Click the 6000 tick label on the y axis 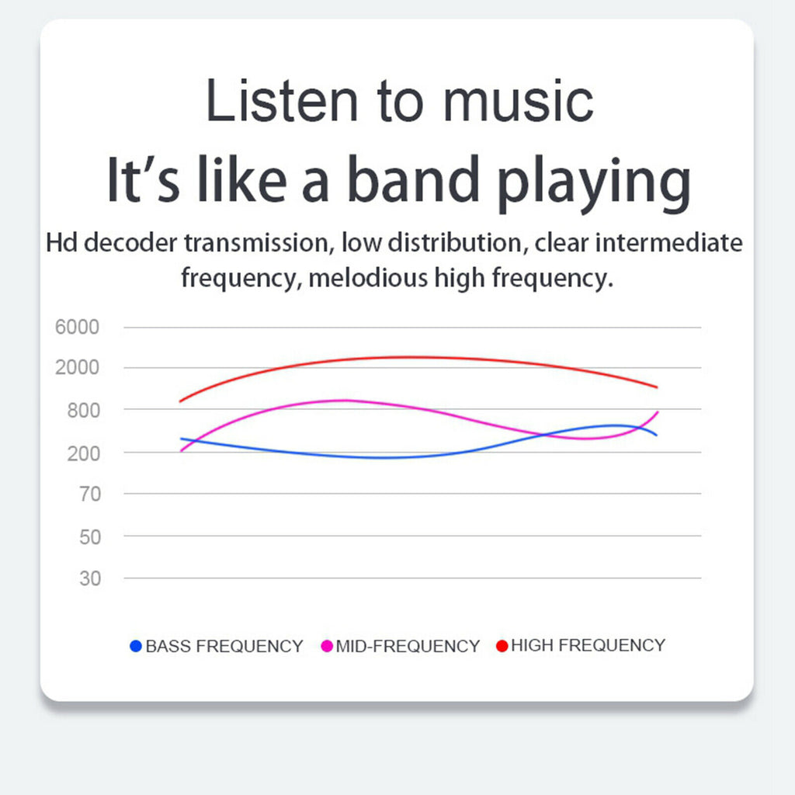pos(77,327)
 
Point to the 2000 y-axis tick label pos(77,367)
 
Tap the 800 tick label pos(84,410)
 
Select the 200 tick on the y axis pos(84,453)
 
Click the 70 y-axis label pos(90,494)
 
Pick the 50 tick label pos(90,537)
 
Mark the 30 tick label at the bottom pos(90,578)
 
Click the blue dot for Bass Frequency pos(135,646)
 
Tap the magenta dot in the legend pos(327,646)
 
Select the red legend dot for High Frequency pos(502,646)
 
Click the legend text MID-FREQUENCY pos(408,647)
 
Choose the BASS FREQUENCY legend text pos(224,647)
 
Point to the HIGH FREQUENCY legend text pos(588,645)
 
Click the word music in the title pos(518,102)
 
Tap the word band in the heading pos(413,179)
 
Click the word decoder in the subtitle pos(130,242)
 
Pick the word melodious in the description pos(368,277)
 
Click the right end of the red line pos(657,387)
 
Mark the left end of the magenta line pos(182,451)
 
